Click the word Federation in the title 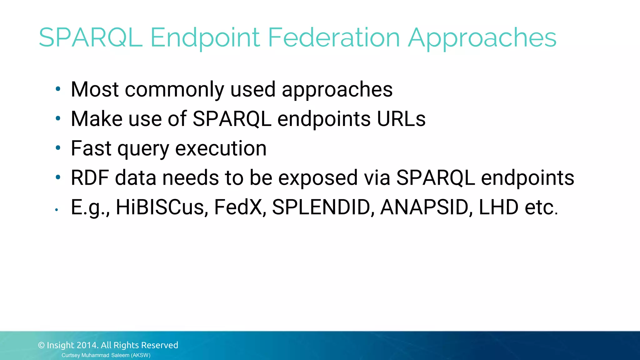[x=334, y=37]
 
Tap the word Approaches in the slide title [x=482, y=38]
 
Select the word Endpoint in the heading [x=205, y=38]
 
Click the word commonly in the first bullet [x=174, y=90]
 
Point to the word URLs [x=401, y=119]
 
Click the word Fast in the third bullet [x=91, y=148]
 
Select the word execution [x=221, y=148]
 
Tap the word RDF [x=90, y=177]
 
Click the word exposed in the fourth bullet [x=318, y=178]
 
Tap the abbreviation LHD [x=498, y=207]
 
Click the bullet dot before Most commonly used [x=58, y=89]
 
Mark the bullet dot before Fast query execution [x=58, y=148]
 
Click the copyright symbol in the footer [x=41, y=345]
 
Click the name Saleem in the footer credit [x=120, y=355]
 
